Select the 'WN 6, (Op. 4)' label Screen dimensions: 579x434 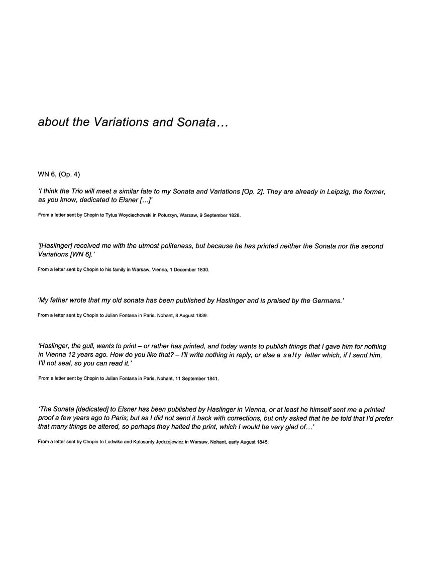(x=59, y=174)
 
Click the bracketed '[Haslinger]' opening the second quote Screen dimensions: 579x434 (x=56, y=246)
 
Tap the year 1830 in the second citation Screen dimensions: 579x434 (x=202, y=269)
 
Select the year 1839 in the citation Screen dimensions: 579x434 (x=200, y=316)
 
